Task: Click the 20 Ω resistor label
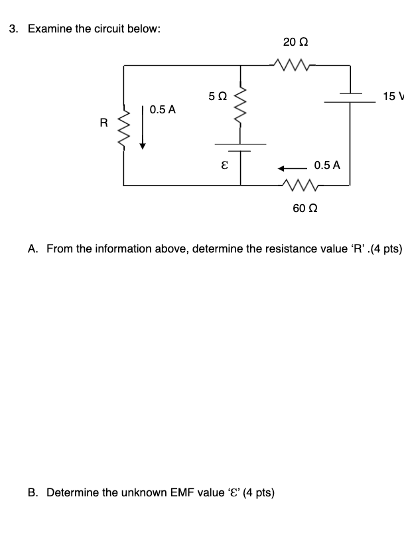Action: point(295,42)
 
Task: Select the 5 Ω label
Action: point(217,97)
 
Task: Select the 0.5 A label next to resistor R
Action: point(163,109)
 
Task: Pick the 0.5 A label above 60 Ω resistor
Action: point(327,165)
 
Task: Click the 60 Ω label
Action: point(305,208)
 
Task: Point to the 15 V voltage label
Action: point(393,97)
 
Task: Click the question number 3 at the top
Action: point(13,30)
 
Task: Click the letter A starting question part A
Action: point(32,249)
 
